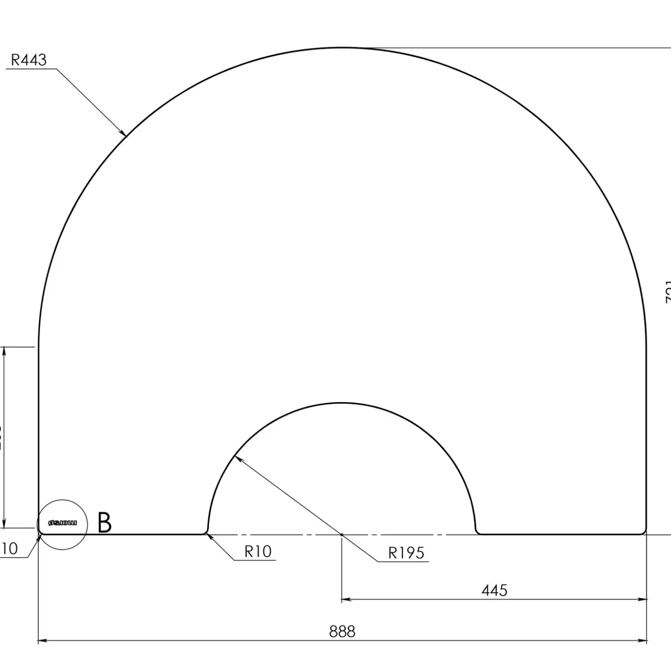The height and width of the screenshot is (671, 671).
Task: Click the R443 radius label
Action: (28, 60)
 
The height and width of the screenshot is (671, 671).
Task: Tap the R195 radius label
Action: (406, 552)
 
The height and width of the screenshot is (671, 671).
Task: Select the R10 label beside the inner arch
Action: (258, 551)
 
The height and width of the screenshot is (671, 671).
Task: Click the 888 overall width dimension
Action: (342, 631)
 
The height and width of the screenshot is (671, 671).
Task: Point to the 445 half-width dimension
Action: (494, 590)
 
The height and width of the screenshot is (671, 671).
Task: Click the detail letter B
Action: (105, 523)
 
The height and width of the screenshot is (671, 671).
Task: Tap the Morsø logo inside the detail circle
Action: (63, 523)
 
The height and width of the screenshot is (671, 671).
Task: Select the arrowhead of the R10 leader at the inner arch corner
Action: (209, 536)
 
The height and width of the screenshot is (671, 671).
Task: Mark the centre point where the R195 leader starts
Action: (341, 535)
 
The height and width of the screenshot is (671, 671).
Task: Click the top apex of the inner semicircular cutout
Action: (341, 403)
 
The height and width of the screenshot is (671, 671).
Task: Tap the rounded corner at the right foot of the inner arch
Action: (478, 532)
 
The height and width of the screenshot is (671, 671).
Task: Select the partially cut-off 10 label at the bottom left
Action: (9, 548)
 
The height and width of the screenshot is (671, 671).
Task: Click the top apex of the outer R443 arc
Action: (342, 47)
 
